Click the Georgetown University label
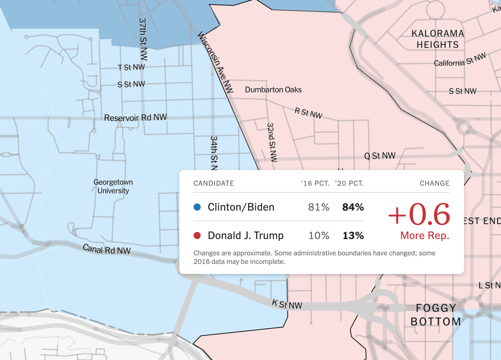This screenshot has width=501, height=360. point(113,186)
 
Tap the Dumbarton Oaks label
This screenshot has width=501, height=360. point(273,90)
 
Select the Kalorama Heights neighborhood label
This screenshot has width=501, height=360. point(438,39)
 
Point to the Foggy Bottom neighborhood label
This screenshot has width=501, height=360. point(436,315)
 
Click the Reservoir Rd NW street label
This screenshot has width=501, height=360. point(135,117)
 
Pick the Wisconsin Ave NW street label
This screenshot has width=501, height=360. point(216,62)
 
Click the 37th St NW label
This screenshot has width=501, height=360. point(143,39)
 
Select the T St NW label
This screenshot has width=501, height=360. point(131,67)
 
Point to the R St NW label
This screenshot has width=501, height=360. point(308,113)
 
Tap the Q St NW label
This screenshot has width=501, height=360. point(380,156)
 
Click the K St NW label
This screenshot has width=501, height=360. point(287,305)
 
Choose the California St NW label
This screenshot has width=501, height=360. point(460,60)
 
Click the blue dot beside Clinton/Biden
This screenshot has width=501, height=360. point(197,207)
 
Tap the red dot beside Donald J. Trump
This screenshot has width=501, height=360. point(197,235)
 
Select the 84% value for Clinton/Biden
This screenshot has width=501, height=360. point(353,207)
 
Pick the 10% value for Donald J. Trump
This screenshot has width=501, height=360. point(319,235)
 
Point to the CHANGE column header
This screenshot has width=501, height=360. point(434,183)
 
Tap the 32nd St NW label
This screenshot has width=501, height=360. point(271,142)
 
